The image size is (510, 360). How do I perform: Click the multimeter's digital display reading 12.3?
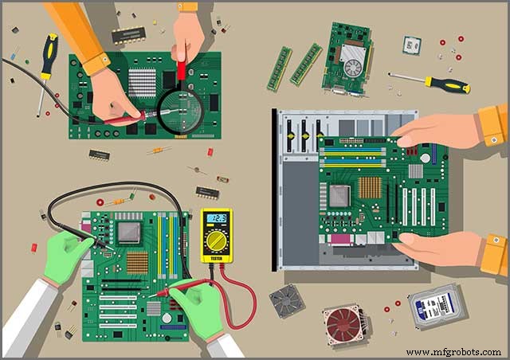(x=216, y=218)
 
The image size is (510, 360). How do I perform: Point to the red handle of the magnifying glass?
(x=181, y=72)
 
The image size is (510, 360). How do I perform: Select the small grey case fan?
(x=286, y=301)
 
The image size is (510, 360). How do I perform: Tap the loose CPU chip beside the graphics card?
(x=411, y=45)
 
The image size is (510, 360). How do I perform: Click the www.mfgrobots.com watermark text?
(x=453, y=351)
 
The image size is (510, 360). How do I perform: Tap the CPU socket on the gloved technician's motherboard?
(x=130, y=232)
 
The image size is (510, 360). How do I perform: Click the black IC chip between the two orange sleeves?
(x=128, y=34)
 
